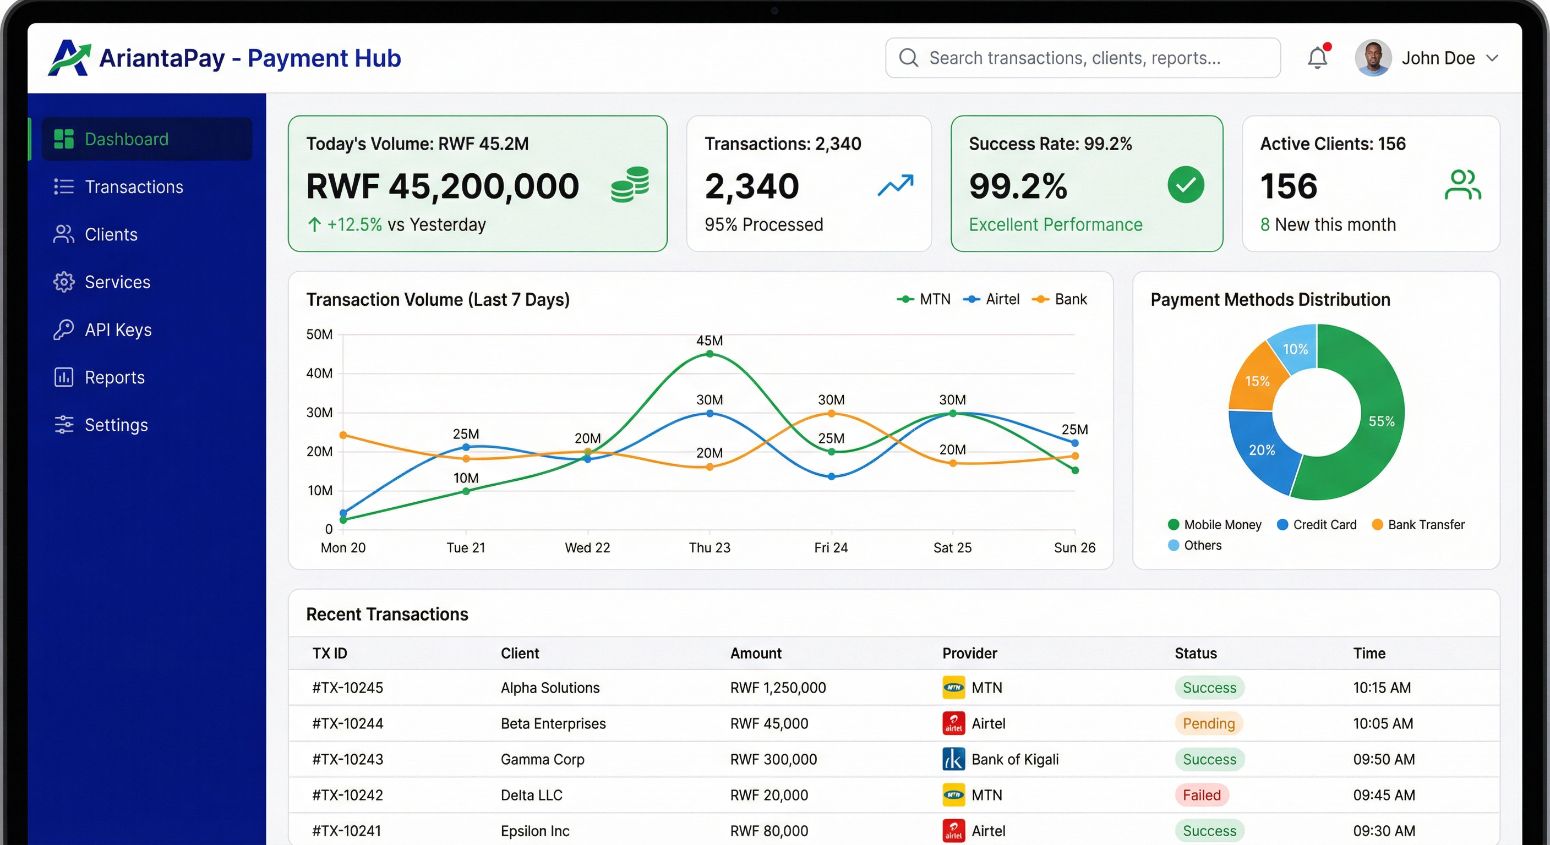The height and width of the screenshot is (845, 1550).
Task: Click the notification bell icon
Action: pyautogui.click(x=1317, y=58)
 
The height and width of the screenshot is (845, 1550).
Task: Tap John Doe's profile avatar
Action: pyautogui.click(x=1373, y=58)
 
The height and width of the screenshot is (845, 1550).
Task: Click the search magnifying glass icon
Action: pyautogui.click(x=908, y=58)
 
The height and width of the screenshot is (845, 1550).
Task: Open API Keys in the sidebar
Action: pyautogui.click(x=118, y=330)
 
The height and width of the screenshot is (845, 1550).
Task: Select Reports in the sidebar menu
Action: pyautogui.click(x=114, y=377)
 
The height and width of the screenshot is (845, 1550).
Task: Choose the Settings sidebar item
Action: pyautogui.click(x=116, y=425)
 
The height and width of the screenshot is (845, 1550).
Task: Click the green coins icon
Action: pyautogui.click(x=630, y=185)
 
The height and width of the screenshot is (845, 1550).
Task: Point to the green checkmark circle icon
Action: pyautogui.click(x=1186, y=185)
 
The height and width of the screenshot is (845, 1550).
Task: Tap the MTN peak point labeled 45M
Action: pyautogui.click(x=709, y=354)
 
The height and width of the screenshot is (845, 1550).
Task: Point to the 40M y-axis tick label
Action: pyautogui.click(x=319, y=373)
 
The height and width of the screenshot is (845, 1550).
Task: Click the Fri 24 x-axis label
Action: pyautogui.click(x=831, y=547)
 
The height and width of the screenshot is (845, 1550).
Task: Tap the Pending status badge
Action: pyautogui.click(x=1208, y=723)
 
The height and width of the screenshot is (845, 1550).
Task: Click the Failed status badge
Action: pyautogui.click(x=1202, y=794)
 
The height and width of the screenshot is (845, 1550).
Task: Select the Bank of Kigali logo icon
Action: pyautogui.click(x=953, y=759)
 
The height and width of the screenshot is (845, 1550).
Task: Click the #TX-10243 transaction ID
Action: pyautogui.click(x=347, y=759)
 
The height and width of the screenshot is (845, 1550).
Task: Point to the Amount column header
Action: pyautogui.click(x=756, y=653)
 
